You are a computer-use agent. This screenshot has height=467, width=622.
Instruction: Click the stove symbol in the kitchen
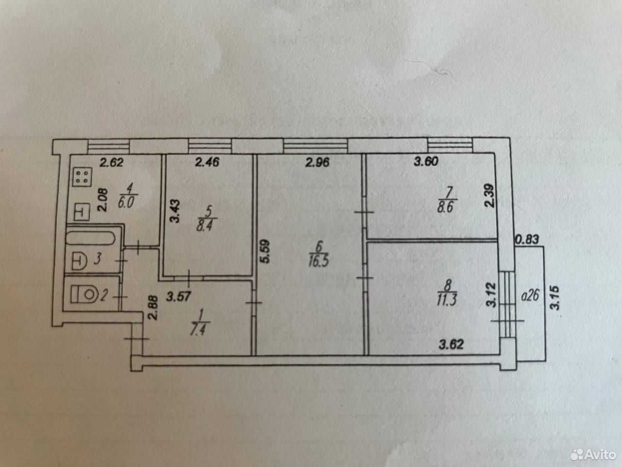click(82, 177)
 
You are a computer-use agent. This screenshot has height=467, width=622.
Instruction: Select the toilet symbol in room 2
click(84, 294)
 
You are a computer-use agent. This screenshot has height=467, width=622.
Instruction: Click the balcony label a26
click(530, 296)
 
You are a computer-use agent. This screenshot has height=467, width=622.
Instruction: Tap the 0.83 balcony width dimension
click(527, 240)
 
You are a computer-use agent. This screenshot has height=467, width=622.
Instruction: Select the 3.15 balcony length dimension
click(555, 298)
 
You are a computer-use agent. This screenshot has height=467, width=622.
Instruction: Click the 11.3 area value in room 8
click(447, 300)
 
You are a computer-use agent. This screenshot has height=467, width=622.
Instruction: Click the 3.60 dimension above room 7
click(426, 162)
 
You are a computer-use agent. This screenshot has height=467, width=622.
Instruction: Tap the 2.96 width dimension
click(317, 162)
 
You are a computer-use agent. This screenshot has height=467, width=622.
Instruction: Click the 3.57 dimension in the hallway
click(178, 297)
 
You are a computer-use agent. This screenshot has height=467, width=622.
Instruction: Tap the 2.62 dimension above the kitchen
click(111, 162)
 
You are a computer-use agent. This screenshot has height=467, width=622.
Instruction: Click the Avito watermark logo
click(593, 455)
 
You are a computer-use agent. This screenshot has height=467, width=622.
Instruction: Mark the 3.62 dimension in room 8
click(451, 344)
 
